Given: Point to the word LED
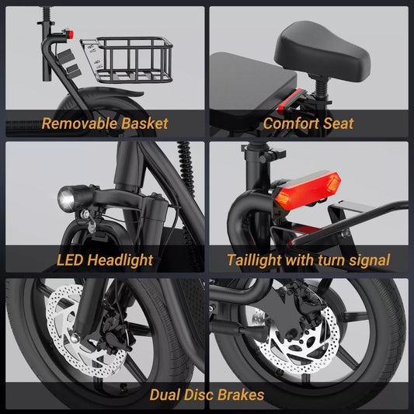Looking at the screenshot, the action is [x=70, y=259].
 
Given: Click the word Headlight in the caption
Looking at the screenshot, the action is [x=120, y=260].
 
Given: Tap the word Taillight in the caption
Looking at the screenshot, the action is [x=254, y=260].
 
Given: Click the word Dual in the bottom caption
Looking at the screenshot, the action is [x=165, y=395].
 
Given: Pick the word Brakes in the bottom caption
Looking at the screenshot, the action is [x=241, y=395].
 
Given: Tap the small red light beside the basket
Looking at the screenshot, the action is [x=70, y=34].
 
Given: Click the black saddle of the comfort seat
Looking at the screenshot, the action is [x=322, y=50].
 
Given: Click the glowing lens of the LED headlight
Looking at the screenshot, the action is [x=66, y=199].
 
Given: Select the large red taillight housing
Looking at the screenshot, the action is [x=308, y=189].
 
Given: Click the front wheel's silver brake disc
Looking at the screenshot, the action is [x=84, y=331].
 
